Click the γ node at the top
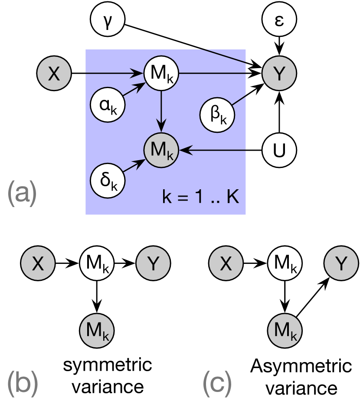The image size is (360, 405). pyautogui.click(x=107, y=20)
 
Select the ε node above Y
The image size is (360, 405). pyautogui.click(x=279, y=20)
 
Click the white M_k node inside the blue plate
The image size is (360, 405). pyautogui.click(x=161, y=73)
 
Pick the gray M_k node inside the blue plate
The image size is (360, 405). pyautogui.click(x=161, y=150)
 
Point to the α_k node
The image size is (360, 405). pyautogui.click(x=107, y=105)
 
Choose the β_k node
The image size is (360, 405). pyautogui.click(x=217, y=115)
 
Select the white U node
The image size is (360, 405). pyautogui.click(x=279, y=150)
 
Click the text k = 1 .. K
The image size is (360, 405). pyautogui.click(x=200, y=198)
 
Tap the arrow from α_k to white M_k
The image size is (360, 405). pyautogui.click(x=134, y=90)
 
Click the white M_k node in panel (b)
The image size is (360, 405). pyautogui.click(x=96, y=263)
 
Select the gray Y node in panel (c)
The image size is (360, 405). pyautogui.click(x=341, y=263)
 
